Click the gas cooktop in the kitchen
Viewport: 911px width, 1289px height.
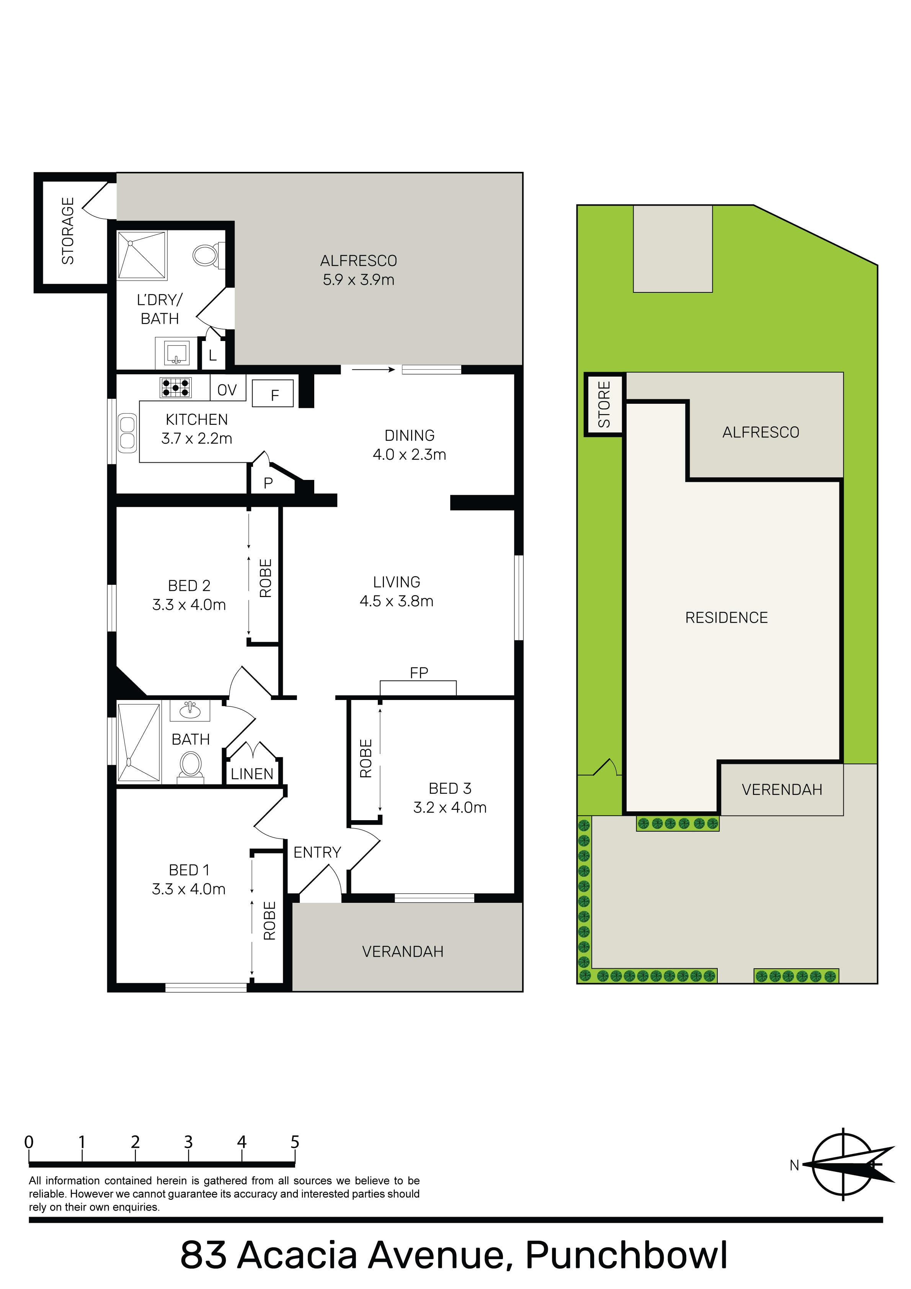pos(176,387)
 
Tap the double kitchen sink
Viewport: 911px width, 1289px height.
pos(127,433)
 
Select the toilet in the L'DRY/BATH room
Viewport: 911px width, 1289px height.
pos(208,255)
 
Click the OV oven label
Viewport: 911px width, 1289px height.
pos(227,390)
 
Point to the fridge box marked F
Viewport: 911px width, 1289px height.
pos(273,393)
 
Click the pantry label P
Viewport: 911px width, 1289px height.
pos(268,483)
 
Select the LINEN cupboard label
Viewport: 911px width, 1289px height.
pos(252,774)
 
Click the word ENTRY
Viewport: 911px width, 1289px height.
pos(317,852)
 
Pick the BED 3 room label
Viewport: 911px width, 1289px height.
pos(450,788)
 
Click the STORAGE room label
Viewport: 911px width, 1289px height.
pos(68,231)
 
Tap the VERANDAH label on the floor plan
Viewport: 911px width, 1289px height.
pos(403,951)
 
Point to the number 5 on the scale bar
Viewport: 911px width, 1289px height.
pos(295,1142)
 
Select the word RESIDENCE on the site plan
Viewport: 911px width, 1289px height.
pos(726,618)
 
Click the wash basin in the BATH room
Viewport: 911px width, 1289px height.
pos(190,710)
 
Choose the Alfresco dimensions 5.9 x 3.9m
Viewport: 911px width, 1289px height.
pos(358,280)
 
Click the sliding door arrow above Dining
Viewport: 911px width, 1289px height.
pos(374,369)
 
